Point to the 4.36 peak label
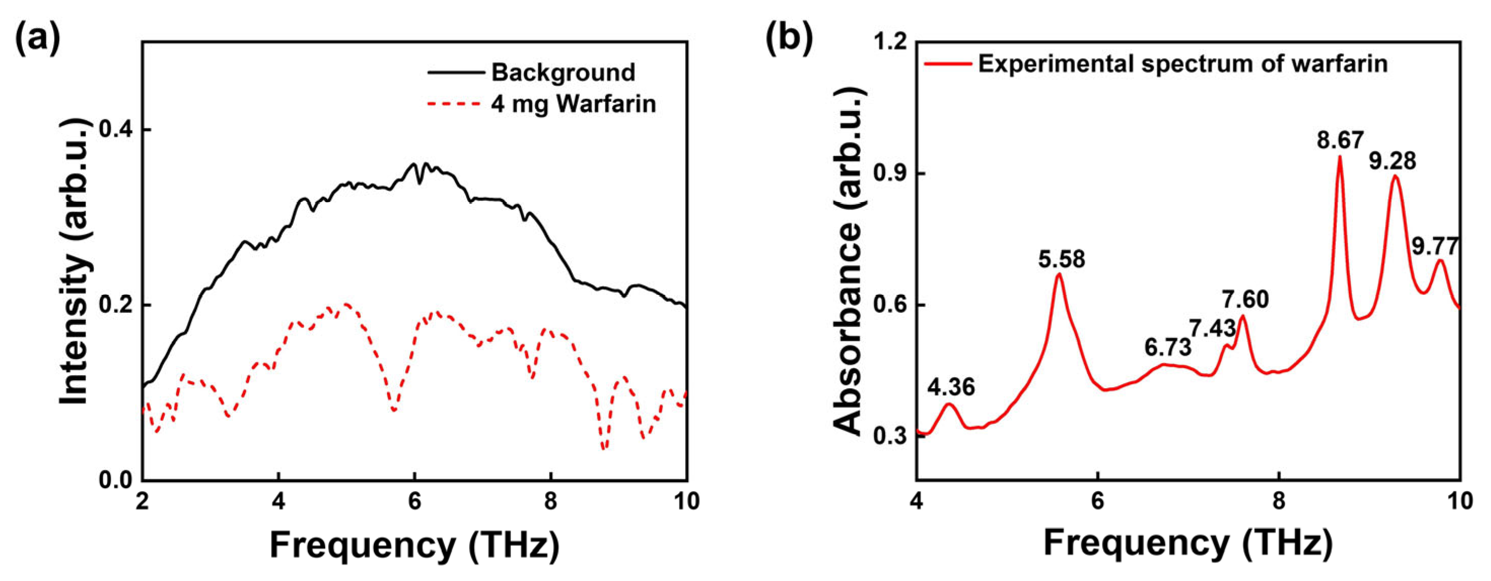coord(951,387)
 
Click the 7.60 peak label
coord(1245,300)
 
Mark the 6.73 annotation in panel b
coord(1168,347)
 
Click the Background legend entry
coord(563,72)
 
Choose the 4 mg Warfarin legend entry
coord(573,104)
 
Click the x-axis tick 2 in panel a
coord(143,501)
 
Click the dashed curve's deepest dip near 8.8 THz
coord(604,449)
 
